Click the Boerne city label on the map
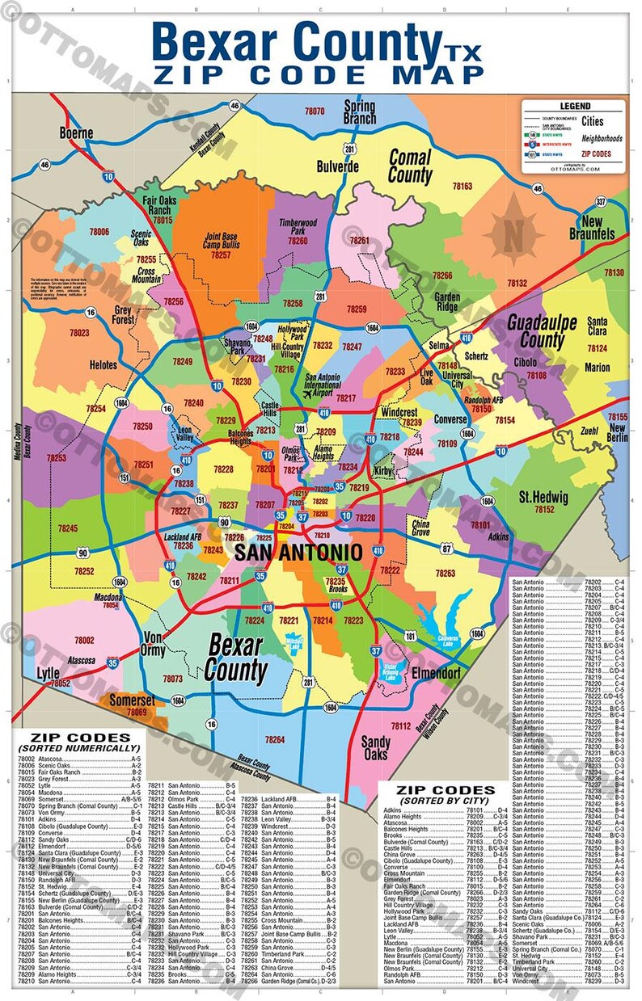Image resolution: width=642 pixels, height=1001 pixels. pyautogui.click(x=75, y=132)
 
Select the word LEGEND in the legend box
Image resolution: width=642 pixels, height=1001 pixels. pyautogui.click(x=575, y=106)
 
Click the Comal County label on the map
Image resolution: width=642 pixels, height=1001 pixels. pyautogui.click(x=410, y=165)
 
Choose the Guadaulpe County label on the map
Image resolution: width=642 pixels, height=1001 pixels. pyautogui.click(x=541, y=331)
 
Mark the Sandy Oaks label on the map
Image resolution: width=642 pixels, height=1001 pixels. pyautogui.click(x=375, y=748)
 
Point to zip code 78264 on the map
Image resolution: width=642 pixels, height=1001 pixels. pyautogui.click(x=274, y=740)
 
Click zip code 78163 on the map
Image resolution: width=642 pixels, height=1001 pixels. pyautogui.click(x=462, y=186)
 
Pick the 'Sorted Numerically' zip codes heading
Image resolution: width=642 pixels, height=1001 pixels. pyautogui.click(x=79, y=742)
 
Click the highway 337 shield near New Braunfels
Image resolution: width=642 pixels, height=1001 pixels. pyautogui.click(x=601, y=201)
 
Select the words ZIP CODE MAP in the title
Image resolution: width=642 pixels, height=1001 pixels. pyautogui.click(x=318, y=74)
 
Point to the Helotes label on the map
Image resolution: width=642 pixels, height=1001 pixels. pyautogui.click(x=103, y=365)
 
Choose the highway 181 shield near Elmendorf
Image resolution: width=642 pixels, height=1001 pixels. pyautogui.click(x=410, y=637)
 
